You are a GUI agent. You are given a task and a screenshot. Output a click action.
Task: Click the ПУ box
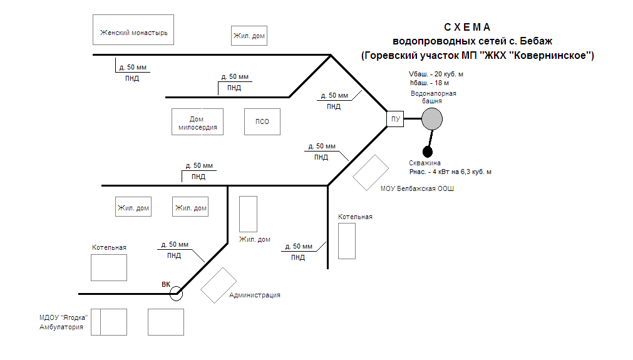click(x=395, y=118)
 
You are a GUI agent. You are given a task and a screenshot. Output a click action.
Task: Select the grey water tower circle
click(x=431, y=118)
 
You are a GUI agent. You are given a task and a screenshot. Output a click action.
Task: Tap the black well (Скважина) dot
click(x=428, y=152)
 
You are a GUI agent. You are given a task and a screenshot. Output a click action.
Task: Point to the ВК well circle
click(x=176, y=293)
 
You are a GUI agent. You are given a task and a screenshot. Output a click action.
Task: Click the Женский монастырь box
click(x=133, y=29)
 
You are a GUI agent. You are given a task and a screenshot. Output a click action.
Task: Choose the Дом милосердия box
click(x=197, y=121)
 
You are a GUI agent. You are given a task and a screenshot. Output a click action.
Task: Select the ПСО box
click(x=262, y=121)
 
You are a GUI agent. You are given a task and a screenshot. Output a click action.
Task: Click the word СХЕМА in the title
click(x=467, y=28)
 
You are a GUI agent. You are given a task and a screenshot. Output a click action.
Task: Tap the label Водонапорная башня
click(x=433, y=97)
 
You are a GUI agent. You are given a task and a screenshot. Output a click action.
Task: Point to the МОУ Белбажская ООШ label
click(x=417, y=188)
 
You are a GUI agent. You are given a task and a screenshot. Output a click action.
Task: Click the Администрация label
click(x=255, y=295)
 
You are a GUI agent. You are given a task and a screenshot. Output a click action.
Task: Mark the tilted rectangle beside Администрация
click(x=219, y=285)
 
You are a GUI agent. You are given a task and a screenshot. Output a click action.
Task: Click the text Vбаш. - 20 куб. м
click(x=436, y=74)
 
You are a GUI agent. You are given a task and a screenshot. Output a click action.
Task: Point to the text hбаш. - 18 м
click(x=429, y=82)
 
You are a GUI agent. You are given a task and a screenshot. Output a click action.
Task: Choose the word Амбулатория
click(x=61, y=326)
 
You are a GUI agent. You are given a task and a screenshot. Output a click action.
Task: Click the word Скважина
click(x=425, y=163)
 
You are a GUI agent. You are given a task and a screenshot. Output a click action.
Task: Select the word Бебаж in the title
click(x=535, y=41)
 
